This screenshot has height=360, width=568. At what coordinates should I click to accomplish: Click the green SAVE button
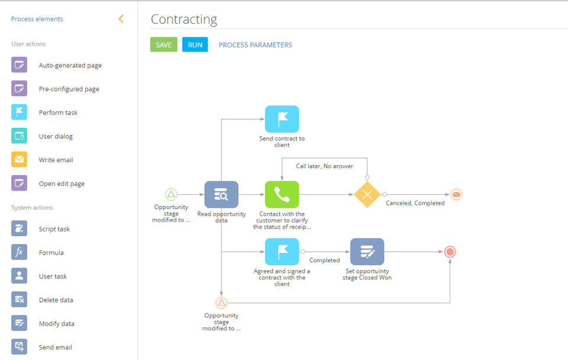(163, 45)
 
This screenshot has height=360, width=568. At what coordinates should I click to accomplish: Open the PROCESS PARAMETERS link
(255, 45)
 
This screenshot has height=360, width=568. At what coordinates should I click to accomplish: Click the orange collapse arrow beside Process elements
(121, 19)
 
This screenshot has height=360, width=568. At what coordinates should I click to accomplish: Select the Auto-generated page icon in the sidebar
(19, 65)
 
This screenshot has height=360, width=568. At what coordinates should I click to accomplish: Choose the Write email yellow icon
(19, 160)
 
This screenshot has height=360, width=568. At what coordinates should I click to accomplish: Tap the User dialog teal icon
(19, 136)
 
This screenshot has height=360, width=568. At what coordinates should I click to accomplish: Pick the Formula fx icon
(19, 252)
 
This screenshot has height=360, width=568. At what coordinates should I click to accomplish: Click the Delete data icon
(19, 300)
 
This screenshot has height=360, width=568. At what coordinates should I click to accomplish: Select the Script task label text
(54, 229)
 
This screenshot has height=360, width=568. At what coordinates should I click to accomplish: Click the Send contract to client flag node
(282, 119)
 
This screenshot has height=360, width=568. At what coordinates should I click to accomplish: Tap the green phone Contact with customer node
(282, 194)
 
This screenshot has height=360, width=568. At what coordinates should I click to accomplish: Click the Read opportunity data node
(221, 194)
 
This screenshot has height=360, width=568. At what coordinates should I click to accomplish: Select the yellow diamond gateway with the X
(367, 194)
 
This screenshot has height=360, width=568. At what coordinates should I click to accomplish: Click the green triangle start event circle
(171, 194)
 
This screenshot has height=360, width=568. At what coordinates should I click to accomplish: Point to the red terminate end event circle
(450, 252)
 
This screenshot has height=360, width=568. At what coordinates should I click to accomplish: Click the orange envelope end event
(456, 194)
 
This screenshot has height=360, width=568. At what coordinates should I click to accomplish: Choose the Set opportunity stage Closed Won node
(367, 252)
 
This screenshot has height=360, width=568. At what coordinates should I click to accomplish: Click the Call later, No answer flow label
(324, 166)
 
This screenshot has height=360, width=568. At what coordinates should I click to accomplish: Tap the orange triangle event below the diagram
(221, 303)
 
